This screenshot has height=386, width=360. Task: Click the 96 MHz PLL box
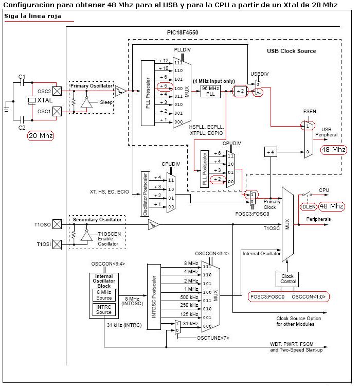[210, 91]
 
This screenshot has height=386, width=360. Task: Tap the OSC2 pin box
[57, 91]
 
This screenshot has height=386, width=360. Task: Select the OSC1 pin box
[57, 111]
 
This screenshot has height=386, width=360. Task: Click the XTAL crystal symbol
[32, 100]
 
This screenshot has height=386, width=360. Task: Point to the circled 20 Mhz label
[41, 136]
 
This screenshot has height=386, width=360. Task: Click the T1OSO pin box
[57, 224]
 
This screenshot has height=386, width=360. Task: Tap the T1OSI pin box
[57, 244]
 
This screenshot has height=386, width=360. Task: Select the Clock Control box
[287, 279]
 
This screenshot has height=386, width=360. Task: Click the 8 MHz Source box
[104, 295]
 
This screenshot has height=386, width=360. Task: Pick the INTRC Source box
[104, 309]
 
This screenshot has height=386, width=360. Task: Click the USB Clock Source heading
[292, 51]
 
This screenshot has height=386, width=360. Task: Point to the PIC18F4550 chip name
[183, 32]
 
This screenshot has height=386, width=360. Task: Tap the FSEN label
[310, 112]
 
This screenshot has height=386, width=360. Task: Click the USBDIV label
[259, 74]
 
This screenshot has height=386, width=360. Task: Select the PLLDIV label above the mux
[183, 50]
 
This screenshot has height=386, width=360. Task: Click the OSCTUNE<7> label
[213, 338]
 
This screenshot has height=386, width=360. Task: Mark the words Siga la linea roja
[32, 16]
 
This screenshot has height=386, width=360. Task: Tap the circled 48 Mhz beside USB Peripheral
[334, 150]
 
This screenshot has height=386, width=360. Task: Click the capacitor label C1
[22, 77]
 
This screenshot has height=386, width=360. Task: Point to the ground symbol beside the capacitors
[7, 107]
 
